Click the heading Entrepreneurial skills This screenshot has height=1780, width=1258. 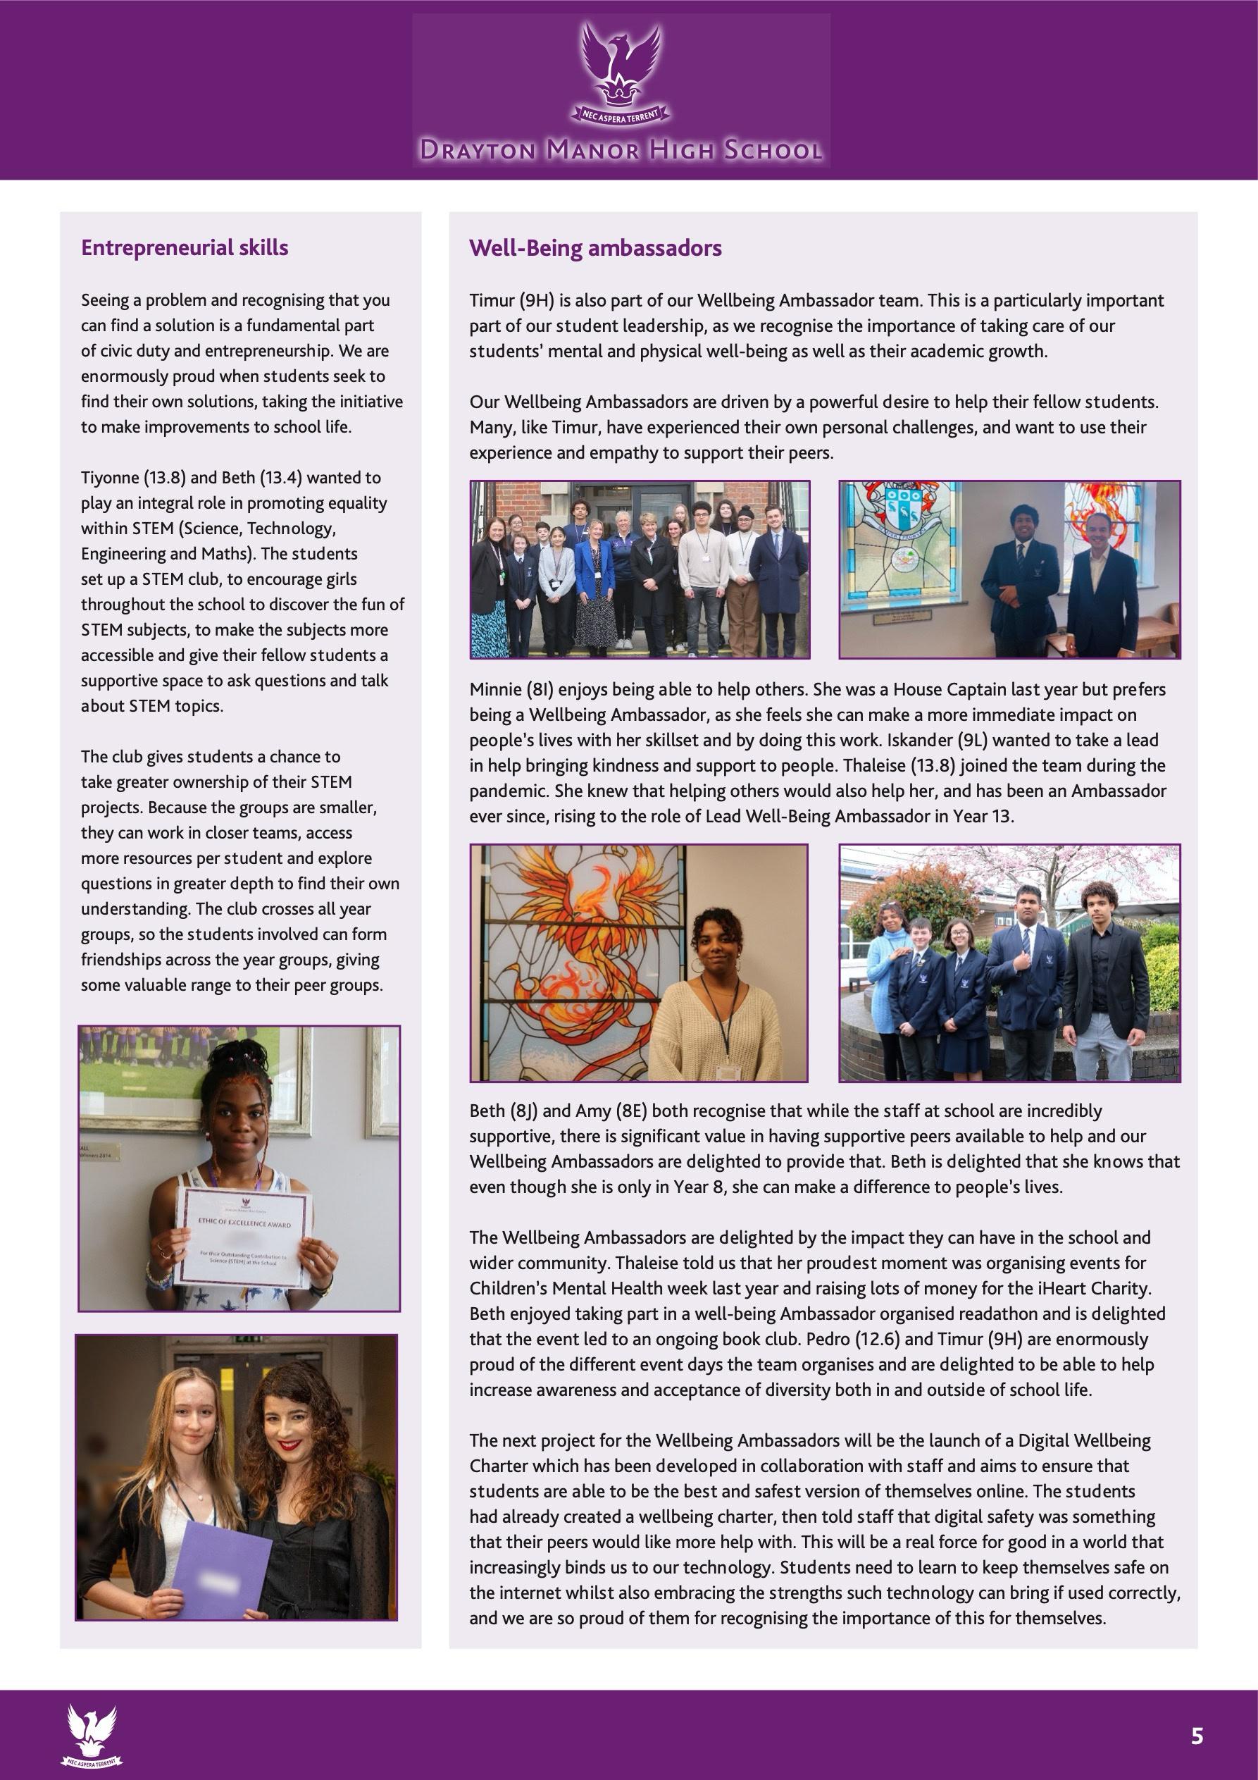[x=185, y=248]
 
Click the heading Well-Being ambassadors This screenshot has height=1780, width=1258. [x=595, y=248]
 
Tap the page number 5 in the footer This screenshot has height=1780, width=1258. [x=1197, y=1736]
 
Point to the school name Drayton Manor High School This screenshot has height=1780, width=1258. [x=621, y=149]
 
